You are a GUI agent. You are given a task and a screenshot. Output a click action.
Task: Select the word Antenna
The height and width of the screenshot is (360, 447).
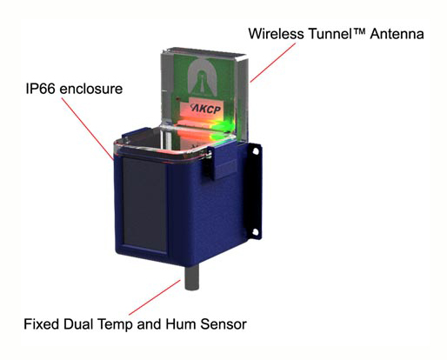pyautogui.click(x=397, y=36)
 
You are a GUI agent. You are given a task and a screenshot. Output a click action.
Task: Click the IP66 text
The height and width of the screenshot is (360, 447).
pyautogui.click(x=43, y=89)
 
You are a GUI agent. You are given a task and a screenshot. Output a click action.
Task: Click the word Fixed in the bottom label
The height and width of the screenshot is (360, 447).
pyautogui.click(x=41, y=324)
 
